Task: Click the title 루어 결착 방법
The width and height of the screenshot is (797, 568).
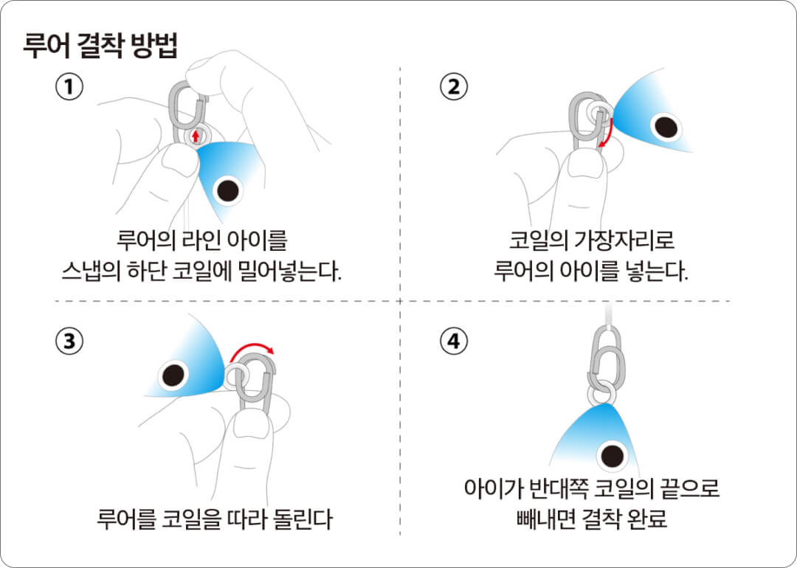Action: click(100, 46)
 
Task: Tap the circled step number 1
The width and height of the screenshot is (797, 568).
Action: click(69, 86)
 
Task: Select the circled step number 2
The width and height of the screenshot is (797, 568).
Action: click(453, 86)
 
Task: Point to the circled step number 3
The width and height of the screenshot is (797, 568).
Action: click(69, 341)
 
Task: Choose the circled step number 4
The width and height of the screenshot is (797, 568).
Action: click(453, 341)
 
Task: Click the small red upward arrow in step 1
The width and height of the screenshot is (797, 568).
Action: click(196, 136)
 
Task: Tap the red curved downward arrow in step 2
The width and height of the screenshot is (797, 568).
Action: click(607, 133)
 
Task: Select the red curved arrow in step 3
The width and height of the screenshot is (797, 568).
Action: click(252, 349)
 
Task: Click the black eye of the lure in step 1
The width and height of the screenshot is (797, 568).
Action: click(228, 190)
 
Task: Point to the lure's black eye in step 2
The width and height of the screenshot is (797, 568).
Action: click(666, 126)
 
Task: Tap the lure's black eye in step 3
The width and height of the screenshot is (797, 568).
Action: click(173, 376)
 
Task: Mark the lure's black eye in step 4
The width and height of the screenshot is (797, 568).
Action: click(612, 455)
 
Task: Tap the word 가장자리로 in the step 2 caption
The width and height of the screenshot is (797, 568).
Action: click(624, 240)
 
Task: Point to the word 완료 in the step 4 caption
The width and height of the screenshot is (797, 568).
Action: click(648, 519)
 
